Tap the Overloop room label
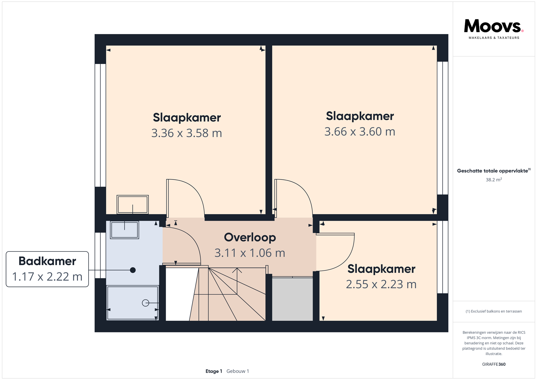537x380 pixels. click(x=250, y=237)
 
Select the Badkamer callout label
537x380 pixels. click(x=47, y=261)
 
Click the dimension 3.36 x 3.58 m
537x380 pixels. click(x=187, y=133)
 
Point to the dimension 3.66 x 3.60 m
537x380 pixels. click(x=360, y=132)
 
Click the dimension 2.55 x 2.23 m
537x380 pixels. click(x=381, y=284)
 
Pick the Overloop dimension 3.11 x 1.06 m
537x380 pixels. click(x=250, y=253)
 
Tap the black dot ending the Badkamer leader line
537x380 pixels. click(x=133, y=270)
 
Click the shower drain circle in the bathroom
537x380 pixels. click(x=145, y=303)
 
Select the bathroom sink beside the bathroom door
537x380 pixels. click(x=124, y=230)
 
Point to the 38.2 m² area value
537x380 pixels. click(x=494, y=180)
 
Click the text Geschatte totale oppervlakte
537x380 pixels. click(x=493, y=171)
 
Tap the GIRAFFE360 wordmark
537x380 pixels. click(x=494, y=364)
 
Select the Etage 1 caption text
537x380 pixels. click(x=214, y=371)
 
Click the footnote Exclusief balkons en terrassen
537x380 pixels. click(x=494, y=311)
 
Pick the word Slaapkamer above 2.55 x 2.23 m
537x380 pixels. click(x=381, y=269)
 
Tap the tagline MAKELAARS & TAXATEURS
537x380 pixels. click(x=494, y=38)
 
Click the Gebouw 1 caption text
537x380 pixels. click(x=237, y=371)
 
